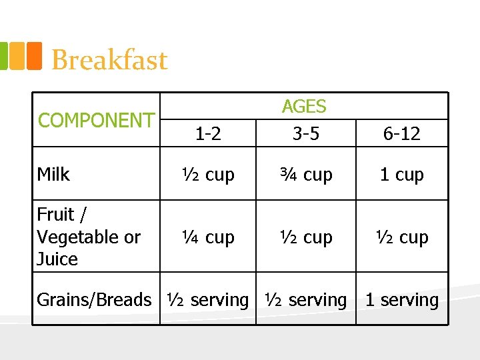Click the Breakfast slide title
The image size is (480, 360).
[x=109, y=60]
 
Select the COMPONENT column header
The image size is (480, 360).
[x=96, y=121]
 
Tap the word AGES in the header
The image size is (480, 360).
[x=304, y=107]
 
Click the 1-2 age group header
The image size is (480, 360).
[x=208, y=134]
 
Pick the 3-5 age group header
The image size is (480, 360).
[x=305, y=134]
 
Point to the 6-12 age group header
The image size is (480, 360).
[x=401, y=134]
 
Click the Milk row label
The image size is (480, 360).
[x=53, y=175]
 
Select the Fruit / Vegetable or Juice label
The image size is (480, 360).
[x=88, y=237]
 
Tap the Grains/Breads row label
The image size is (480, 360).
[x=94, y=300]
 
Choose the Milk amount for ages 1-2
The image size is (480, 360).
[x=209, y=175]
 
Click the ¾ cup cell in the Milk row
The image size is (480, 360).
[x=306, y=175]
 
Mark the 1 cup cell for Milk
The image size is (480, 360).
[x=401, y=175]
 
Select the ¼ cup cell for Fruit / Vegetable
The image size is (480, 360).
[x=209, y=237]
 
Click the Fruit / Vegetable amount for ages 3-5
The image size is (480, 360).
[x=306, y=237]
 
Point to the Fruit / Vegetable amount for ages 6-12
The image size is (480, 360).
[x=401, y=237]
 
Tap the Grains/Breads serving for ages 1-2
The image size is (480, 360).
[x=207, y=300]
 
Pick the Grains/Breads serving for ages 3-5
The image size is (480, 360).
[x=306, y=300]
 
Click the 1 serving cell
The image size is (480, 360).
[x=401, y=300]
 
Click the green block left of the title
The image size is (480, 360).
[x=3, y=56]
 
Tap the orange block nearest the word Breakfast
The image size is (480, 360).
[x=34, y=56]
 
